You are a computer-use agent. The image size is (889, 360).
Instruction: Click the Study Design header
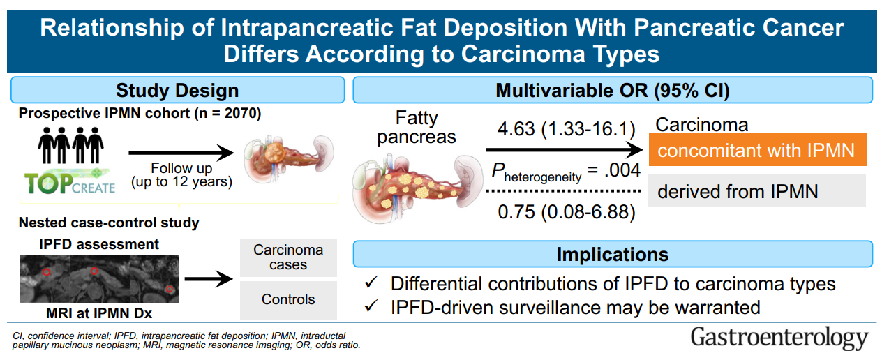pyautogui.click(x=177, y=90)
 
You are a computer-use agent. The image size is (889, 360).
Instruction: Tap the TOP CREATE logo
pyautogui.click(x=70, y=182)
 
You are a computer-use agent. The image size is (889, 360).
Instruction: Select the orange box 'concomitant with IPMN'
pyautogui.click(x=757, y=150)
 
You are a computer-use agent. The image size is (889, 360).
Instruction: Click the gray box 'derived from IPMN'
pyautogui.click(x=757, y=191)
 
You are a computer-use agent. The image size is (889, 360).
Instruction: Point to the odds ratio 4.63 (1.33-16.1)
pyautogui.click(x=567, y=128)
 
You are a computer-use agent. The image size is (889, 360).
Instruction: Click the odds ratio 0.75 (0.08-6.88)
pyautogui.click(x=567, y=212)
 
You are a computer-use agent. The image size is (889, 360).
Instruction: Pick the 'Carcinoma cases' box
pyautogui.click(x=288, y=257)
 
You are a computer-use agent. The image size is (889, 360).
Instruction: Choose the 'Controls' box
pyautogui.click(x=288, y=300)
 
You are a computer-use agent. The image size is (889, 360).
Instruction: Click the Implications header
pyautogui.click(x=613, y=254)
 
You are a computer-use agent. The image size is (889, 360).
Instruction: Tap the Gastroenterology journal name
pyautogui.click(x=779, y=338)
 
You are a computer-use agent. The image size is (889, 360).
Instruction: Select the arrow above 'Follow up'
pyautogui.click(x=181, y=153)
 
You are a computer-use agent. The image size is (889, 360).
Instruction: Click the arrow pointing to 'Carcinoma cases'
pyautogui.click(x=209, y=279)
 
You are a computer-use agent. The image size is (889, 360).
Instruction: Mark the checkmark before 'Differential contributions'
pyautogui.click(x=371, y=283)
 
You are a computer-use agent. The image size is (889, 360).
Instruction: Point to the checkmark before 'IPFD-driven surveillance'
pyautogui.click(x=371, y=306)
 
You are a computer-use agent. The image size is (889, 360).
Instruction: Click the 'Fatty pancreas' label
pyautogui.click(x=417, y=128)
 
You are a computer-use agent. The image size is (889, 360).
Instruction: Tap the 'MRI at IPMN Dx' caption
pyautogui.click(x=99, y=313)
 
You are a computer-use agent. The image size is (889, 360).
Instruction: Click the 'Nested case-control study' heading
pyautogui.click(x=109, y=223)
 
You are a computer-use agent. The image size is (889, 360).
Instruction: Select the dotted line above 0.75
pyautogui.click(x=564, y=191)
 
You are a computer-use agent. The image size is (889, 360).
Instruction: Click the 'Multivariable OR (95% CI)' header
pyautogui.click(x=613, y=90)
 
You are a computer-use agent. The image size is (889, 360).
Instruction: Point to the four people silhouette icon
pyautogui.click(x=71, y=145)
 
